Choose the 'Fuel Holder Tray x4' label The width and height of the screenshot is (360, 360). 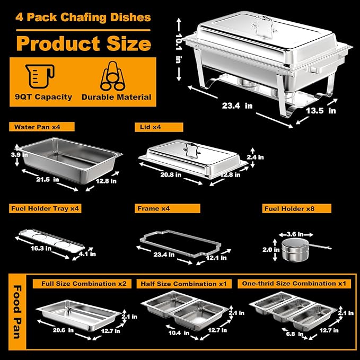point(46,208)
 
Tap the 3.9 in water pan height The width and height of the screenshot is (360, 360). point(16,154)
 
